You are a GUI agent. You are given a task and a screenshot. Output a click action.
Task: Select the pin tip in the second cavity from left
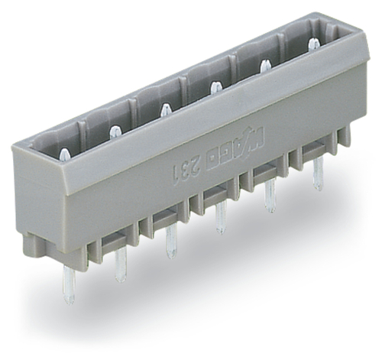pyautogui.click(x=115, y=133)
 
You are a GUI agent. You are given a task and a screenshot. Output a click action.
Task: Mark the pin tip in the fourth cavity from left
pyautogui.click(x=216, y=88)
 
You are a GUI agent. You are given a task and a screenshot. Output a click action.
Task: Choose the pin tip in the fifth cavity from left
pyautogui.click(x=265, y=66)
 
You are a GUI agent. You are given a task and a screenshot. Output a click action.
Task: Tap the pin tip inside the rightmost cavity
pyautogui.click(x=313, y=46)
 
